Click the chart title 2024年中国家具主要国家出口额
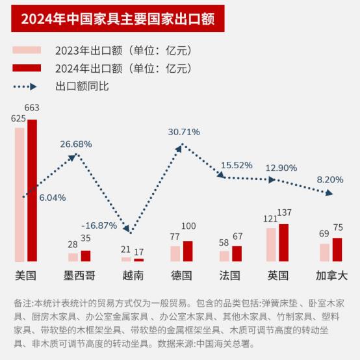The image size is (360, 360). [x=118, y=18]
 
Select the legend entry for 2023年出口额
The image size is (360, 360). [x=104, y=51]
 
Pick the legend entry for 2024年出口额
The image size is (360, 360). [x=104, y=68]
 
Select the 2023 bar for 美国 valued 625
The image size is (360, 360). [x=19, y=194]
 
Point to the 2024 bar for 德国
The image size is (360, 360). [x=188, y=251]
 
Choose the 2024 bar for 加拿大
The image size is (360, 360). [x=337, y=250]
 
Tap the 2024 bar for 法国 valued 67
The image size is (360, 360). [x=237, y=253]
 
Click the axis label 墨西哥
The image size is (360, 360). [x=80, y=276]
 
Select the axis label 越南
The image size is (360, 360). [x=133, y=276]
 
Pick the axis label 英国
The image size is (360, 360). [x=277, y=276]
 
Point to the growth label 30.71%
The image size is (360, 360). [x=184, y=132]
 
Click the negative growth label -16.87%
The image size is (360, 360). [x=99, y=226]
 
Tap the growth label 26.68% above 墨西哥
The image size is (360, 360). [x=76, y=144]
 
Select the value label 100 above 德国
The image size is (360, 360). [x=188, y=226]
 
